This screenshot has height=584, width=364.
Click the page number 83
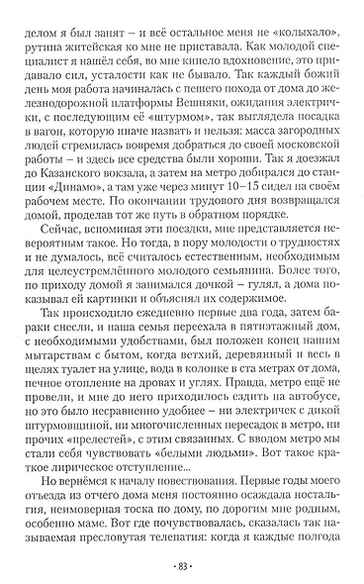tap(182, 566)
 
